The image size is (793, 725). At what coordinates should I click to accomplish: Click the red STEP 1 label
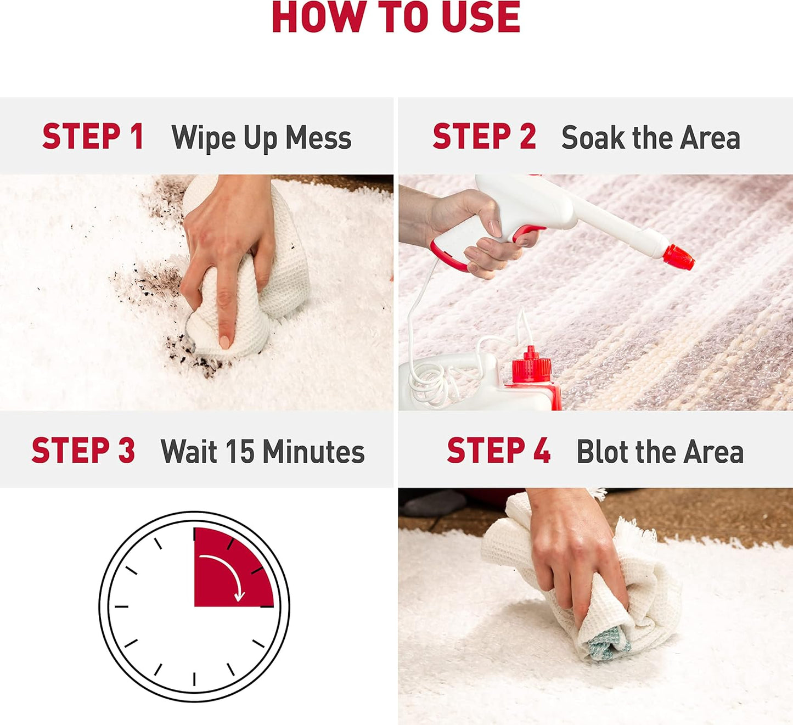93,136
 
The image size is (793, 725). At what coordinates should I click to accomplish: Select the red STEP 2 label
484,136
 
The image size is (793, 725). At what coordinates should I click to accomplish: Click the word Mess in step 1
318,137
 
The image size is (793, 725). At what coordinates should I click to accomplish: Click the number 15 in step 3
240,451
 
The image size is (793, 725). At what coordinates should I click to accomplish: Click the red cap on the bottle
531,364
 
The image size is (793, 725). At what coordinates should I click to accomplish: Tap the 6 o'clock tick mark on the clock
194,679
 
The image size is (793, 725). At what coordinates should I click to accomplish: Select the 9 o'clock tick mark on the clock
121,606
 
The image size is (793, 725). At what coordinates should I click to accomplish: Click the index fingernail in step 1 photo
224,342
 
